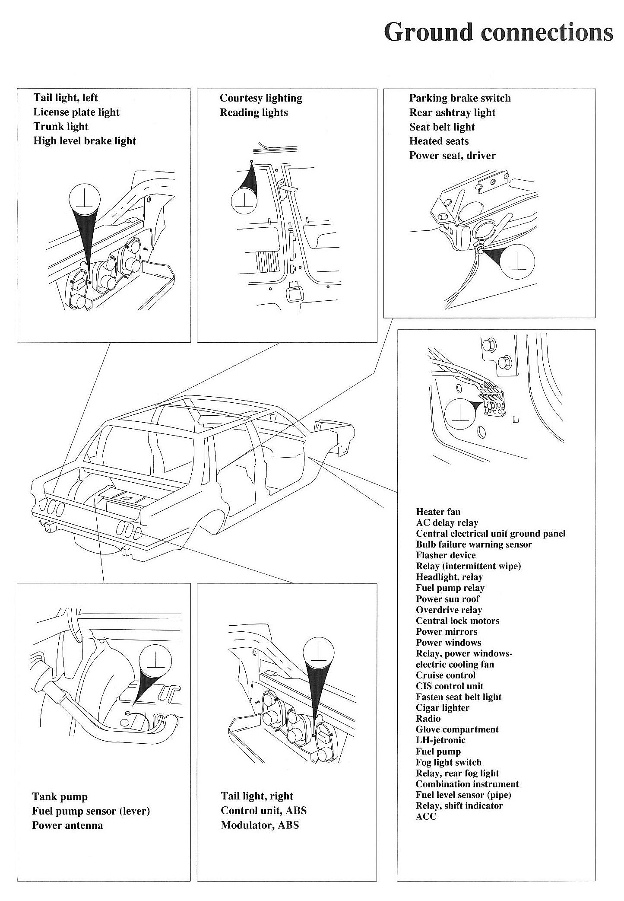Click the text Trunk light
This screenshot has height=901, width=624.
[x=61, y=127]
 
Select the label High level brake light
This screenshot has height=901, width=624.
[x=85, y=141]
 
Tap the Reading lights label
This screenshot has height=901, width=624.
[x=253, y=113]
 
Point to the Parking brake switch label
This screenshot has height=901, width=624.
[x=460, y=98]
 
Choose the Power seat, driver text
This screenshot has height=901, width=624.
[x=452, y=156]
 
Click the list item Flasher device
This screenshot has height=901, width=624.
[x=446, y=555]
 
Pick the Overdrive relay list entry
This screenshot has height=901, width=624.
[x=449, y=610]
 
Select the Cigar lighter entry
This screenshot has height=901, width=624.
[x=442, y=708]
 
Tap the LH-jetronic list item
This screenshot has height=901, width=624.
[x=440, y=740]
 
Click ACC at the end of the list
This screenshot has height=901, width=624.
[x=426, y=816]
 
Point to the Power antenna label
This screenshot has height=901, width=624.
[x=67, y=825]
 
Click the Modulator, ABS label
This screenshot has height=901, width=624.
[x=260, y=825]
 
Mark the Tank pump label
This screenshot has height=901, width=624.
[x=60, y=797]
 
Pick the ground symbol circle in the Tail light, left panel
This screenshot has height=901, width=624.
[x=85, y=199]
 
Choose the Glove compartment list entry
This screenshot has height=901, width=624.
[x=457, y=729]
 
